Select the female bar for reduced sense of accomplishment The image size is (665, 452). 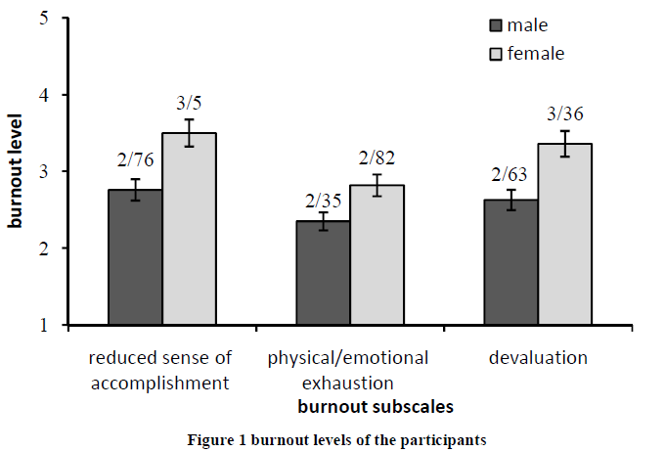point(189,229)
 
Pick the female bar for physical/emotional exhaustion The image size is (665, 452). point(377,254)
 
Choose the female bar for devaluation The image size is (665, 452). point(564,234)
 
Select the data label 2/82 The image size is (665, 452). point(377,158)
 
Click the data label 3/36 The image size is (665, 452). point(564,113)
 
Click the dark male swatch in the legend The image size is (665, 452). point(496,24)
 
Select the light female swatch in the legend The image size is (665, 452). point(496,53)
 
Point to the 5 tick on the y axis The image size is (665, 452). point(45,19)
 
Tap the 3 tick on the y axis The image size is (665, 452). point(45,171)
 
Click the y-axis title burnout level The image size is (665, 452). point(17,172)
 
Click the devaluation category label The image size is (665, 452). point(538,358)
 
